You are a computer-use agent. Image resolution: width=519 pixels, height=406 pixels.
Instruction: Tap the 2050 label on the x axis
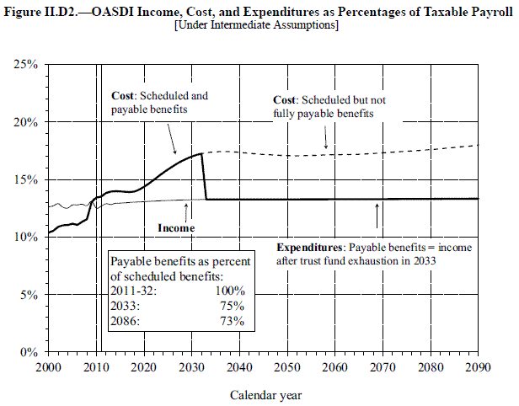point(288,367)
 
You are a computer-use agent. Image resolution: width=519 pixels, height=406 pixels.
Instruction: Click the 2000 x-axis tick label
point(49,367)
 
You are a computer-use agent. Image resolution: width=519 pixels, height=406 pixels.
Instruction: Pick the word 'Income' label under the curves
point(177,228)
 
